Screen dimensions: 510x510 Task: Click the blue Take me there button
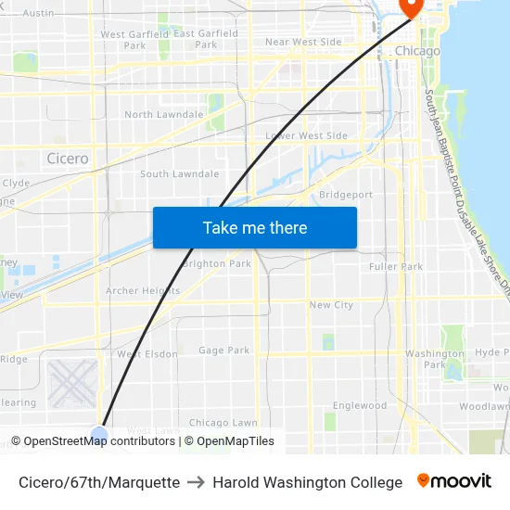[x=254, y=227]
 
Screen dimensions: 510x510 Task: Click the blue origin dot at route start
[x=99, y=434]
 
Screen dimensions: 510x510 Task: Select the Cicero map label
[x=68, y=159]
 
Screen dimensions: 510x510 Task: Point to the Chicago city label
[x=417, y=51]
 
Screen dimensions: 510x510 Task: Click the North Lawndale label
[x=163, y=115]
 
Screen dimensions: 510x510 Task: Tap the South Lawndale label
[x=180, y=173]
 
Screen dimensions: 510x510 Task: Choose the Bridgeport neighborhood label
[x=345, y=195]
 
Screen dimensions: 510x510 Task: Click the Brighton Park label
[x=217, y=263]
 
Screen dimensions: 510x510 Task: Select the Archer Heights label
[x=143, y=290]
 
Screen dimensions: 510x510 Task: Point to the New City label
[x=331, y=305]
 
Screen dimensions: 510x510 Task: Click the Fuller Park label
[x=395, y=267]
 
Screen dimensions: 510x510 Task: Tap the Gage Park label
[x=224, y=351]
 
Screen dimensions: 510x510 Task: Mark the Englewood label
[x=360, y=405]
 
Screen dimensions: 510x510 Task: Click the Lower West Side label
[x=306, y=135]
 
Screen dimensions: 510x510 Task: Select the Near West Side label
[x=303, y=42]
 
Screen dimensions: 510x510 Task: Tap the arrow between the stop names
[x=196, y=482]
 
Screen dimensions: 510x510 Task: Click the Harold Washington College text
[x=307, y=482]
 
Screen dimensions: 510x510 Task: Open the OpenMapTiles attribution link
[x=229, y=441]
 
